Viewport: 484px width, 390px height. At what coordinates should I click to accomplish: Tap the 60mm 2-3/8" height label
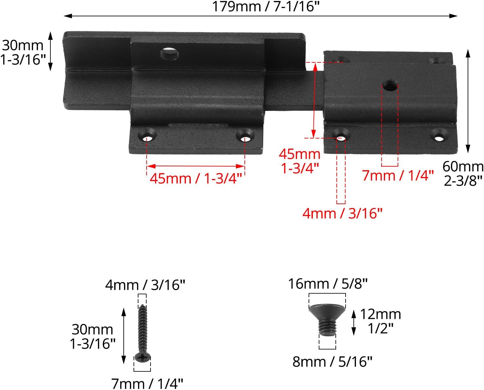point(463,174)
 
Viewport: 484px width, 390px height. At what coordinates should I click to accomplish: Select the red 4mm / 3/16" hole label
point(342,213)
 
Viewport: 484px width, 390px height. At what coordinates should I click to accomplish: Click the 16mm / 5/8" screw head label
point(328,284)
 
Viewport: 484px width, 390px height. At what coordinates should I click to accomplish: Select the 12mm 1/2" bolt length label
point(381,321)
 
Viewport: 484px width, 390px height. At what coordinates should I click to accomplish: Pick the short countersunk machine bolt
point(327,320)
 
